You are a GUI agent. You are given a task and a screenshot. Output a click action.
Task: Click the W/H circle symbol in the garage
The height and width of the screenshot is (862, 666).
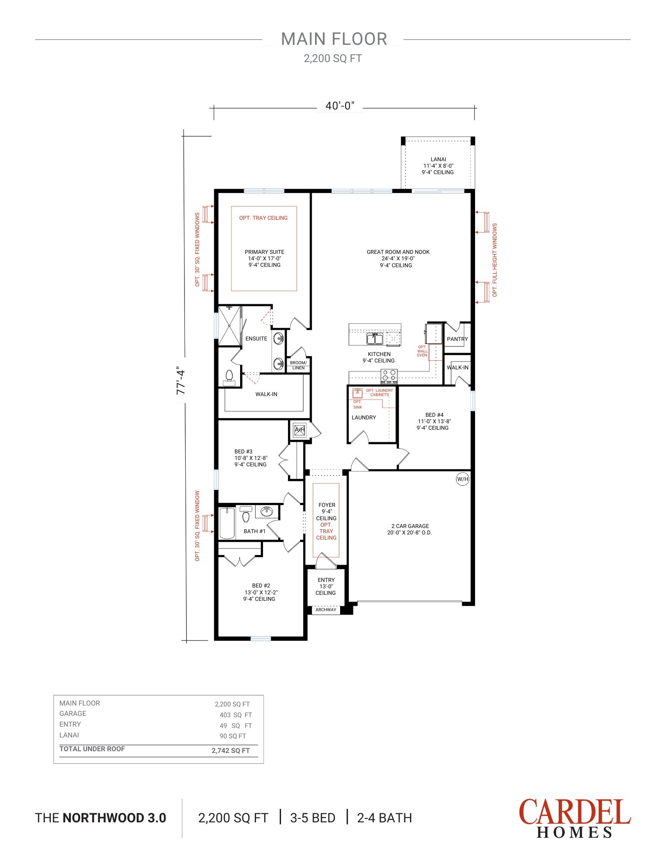463,479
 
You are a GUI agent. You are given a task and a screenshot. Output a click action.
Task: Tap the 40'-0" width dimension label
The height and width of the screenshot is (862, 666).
340,106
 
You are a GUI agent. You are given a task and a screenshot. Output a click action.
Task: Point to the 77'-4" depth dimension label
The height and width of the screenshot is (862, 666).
181,381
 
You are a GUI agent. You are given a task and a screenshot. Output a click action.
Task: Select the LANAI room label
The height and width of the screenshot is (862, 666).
438,159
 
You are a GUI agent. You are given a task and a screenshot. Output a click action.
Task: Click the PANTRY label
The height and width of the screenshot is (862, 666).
457,339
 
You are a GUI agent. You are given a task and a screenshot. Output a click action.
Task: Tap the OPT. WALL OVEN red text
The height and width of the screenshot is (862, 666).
422,351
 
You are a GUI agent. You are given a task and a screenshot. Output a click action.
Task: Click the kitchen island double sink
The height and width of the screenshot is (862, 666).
375,339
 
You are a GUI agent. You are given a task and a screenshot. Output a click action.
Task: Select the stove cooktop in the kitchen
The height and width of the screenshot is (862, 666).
389,376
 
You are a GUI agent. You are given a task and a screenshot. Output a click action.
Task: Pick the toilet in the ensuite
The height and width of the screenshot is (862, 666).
229,377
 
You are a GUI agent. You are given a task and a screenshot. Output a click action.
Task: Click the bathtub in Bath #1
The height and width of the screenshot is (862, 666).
227,523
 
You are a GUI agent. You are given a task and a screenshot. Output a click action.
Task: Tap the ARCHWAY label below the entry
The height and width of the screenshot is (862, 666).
325,609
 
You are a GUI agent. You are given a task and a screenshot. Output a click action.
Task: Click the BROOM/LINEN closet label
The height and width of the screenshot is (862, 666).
298,365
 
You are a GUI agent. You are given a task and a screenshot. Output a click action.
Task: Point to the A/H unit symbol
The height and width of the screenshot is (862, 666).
299,430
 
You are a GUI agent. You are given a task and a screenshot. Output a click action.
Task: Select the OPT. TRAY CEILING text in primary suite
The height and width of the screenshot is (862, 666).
263,218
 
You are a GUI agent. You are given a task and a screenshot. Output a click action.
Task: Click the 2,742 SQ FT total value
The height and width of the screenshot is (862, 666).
231,750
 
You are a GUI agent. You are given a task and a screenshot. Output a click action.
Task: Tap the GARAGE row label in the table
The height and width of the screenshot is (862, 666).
73,713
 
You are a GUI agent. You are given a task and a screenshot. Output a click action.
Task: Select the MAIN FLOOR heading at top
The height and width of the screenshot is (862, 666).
334,39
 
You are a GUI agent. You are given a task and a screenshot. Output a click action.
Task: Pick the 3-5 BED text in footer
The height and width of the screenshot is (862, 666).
313,818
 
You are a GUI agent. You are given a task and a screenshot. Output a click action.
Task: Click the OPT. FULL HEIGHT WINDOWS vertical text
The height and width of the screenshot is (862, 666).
495,260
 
